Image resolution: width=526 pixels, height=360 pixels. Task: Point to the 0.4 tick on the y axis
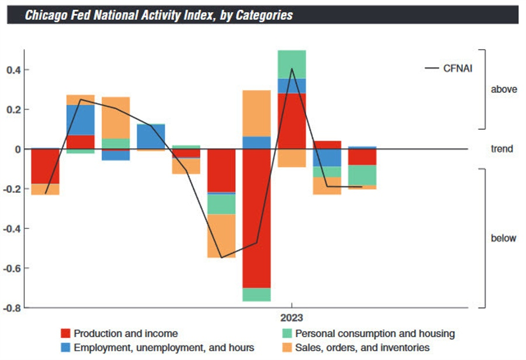(14, 70)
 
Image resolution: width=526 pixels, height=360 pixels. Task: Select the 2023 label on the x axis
(290, 319)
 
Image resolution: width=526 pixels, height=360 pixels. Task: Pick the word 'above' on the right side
(504, 89)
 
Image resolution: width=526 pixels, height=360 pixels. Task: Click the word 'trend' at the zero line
(501, 149)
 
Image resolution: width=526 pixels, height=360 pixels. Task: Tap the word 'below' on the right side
(503, 238)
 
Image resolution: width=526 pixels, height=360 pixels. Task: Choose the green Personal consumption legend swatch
(286, 334)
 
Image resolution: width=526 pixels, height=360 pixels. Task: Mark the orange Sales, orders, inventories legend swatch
(286, 348)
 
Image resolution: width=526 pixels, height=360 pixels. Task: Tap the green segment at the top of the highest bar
(292, 64)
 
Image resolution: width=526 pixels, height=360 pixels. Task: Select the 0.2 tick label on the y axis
(14, 110)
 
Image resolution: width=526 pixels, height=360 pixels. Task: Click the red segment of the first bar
(45, 167)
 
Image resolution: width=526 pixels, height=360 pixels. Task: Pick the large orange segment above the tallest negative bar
(257, 113)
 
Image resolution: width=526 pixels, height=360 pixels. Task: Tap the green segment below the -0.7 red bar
(257, 295)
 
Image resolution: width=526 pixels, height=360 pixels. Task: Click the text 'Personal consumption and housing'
(375, 334)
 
